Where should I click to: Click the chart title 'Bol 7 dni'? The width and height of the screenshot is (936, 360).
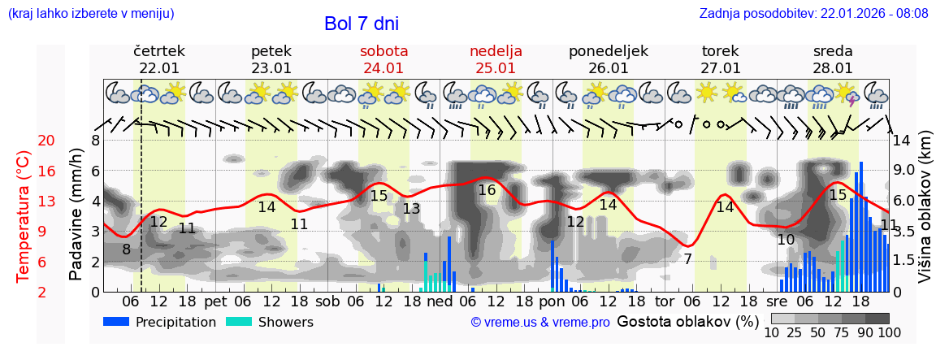pyautogui.click(x=361, y=24)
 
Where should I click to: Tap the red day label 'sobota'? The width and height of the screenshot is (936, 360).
pyautogui.click(x=383, y=51)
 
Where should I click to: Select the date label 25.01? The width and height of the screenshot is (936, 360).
pyautogui.click(x=496, y=68)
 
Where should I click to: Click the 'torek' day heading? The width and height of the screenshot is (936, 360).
pyautogui.click(x=720, y=51)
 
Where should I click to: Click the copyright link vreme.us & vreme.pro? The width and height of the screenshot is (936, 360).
pyautogui.click(x=540, y=323)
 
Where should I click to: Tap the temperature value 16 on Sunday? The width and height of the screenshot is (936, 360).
pyautogui.click(x=487, y=190)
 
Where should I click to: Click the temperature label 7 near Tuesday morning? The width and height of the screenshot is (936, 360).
pyautogui.click(x=687, y=259)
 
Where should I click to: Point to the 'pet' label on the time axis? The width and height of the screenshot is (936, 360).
pyautogui.click(x=215, y=301)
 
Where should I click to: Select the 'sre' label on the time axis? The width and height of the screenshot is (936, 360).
pyautogui.click(x=778, y=301)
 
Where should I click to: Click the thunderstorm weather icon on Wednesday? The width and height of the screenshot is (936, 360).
pyautogui.click(x=849, y=94)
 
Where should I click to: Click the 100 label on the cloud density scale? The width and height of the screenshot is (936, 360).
pyautogui.click(x=890, y=332)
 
